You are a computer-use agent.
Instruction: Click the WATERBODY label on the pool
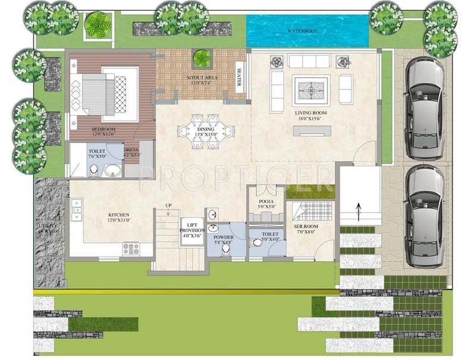304,30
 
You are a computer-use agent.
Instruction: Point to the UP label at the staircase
169,205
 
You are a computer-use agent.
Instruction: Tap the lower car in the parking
425,215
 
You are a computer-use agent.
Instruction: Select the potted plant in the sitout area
202,58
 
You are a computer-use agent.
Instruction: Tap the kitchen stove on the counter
130,248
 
